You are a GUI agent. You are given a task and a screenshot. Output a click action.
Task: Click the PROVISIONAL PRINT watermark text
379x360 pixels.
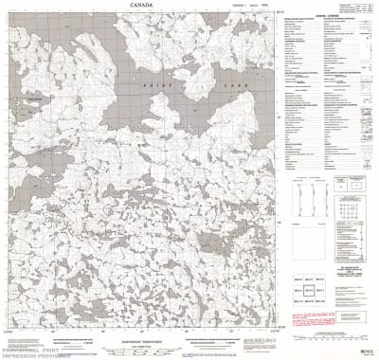pos(28,351)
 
